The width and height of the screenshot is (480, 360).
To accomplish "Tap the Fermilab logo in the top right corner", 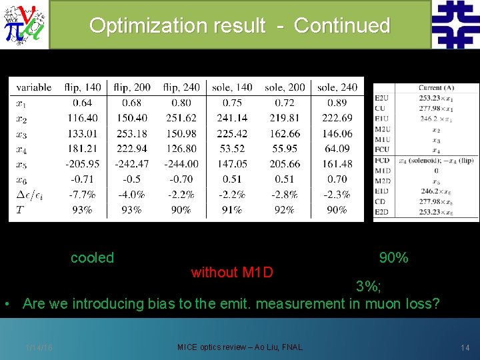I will coord(455,24).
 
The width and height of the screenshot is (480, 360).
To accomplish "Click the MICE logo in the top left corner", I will coord(24,25).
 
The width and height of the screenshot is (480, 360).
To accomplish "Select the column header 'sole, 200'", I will coord(285,87).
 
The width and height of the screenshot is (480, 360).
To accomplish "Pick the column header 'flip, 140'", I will coord(83,87).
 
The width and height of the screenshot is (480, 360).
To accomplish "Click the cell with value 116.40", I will coord(83,118).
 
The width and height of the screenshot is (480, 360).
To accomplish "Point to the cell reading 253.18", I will coord(131,133).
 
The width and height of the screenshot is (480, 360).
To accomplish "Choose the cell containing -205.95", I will coord(83,164).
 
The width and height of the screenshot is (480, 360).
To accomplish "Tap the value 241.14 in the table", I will coord(232,118).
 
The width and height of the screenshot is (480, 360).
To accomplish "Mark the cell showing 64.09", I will coord(337,149).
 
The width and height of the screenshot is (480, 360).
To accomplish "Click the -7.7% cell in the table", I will coord(83,195).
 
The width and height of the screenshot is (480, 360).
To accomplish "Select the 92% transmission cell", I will coord(285,210).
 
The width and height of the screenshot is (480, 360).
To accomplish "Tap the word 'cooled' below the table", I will coord(92,258).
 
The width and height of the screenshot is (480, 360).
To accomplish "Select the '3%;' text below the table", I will coord(368,287).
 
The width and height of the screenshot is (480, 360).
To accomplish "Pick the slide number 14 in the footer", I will coord(465,347).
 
